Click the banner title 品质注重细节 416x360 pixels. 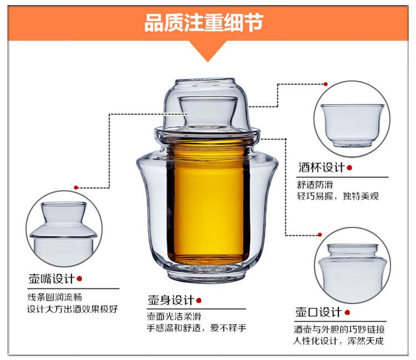point(204,23)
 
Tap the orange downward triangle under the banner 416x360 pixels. point(208,51)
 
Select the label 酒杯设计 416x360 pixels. point(322,168)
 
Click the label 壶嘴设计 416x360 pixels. point(52,279)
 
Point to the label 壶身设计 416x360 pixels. point(171,300)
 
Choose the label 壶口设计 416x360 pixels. point(318,312)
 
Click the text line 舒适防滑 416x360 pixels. point(315,185)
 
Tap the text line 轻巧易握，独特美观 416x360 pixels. point(338,196)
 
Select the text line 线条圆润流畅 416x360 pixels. point(55,297)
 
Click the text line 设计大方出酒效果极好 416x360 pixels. point(73,309)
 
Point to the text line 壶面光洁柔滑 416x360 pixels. point(174,316)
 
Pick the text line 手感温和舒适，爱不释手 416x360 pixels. point(196,328)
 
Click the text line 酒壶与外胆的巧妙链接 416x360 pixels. point(339,329)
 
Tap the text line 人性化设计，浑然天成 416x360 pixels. point(339,341)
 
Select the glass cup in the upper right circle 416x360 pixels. point(352,125)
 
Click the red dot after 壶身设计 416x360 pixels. point(199,301)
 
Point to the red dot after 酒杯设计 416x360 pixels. point(349,168)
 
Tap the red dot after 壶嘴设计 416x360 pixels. point(79,279)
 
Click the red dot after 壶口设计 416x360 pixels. point(347,312)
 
